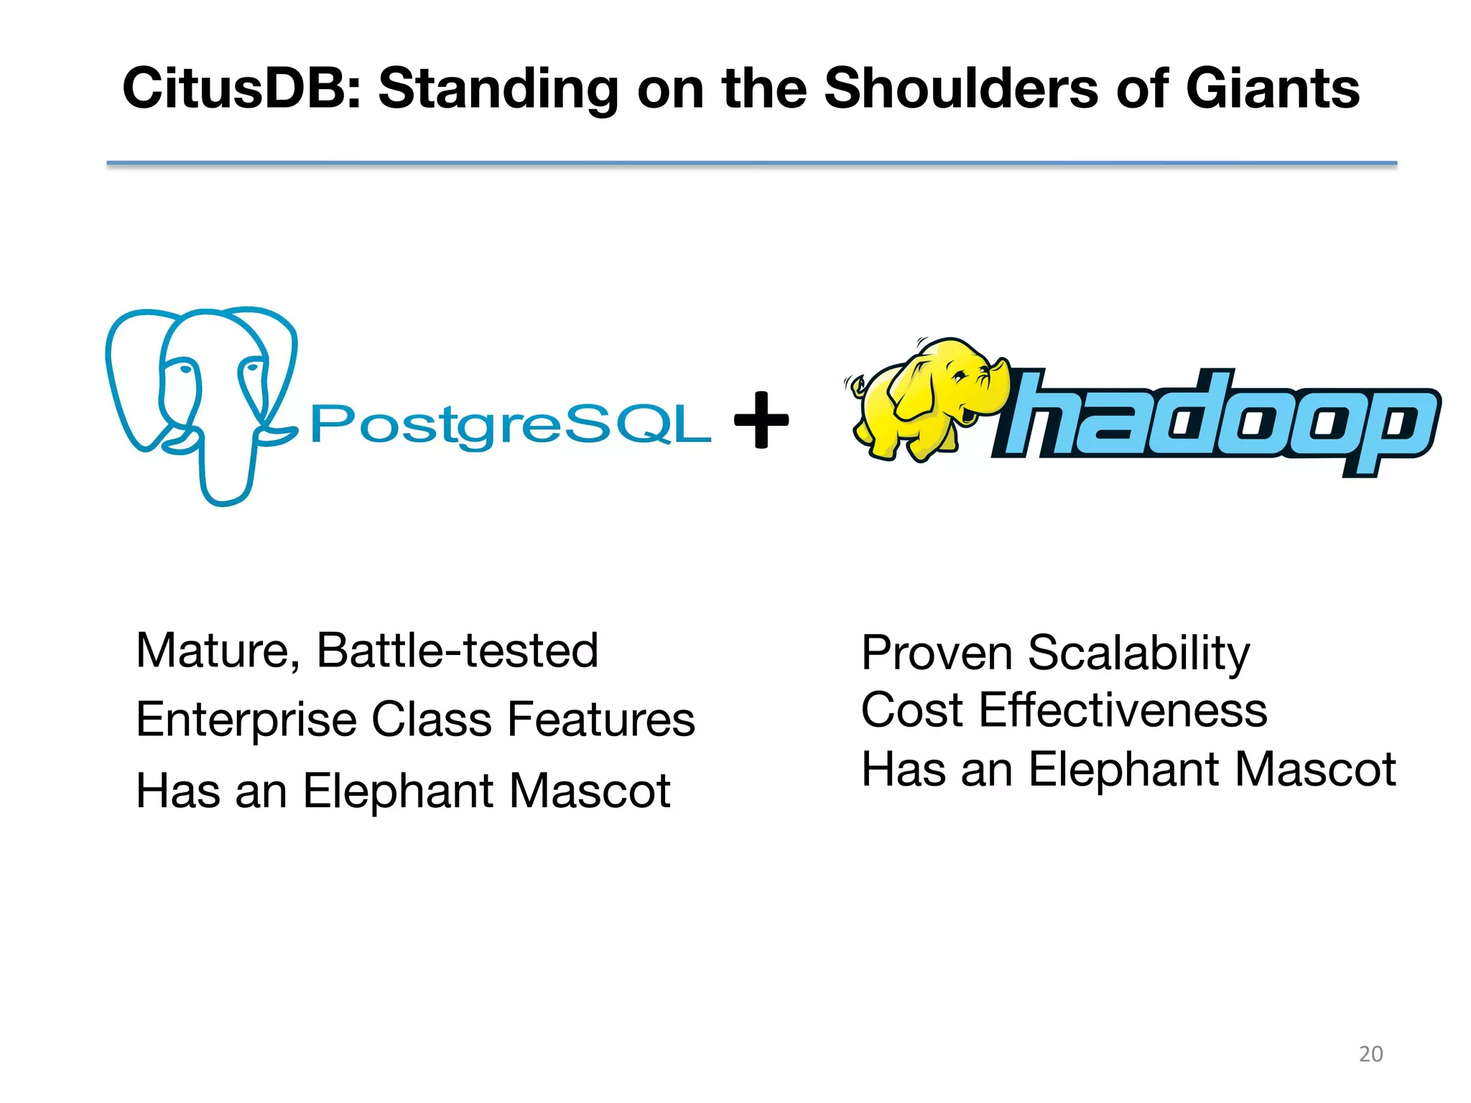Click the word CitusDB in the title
pyautogui.click(x=241, y=88)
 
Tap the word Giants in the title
pyautogui.click(x=1272, y=88)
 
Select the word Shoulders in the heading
pyautogui.click(x=960, y=88)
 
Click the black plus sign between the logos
pyautogui.click(x=761, y=420)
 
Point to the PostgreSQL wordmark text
pyautogui.click(x=510, y=424)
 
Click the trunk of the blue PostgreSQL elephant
pyautogui.click(x=224, y=467)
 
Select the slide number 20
pyautogui.click(x=1370, y=1053)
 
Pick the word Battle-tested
pyautogui.click(x=457, y=651)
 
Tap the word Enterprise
pyautogui.click(x=246, y=720)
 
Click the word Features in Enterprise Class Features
pyautogui.click(x=601, y=720)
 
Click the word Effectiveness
pyautogui.click(x=1123, y=710)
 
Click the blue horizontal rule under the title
pyautogui.click(x=751, y=164)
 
